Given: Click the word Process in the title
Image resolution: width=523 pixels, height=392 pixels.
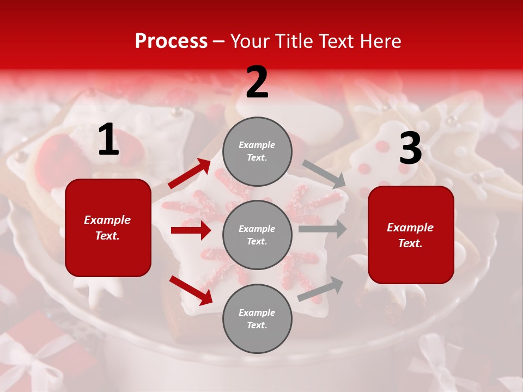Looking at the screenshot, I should pos(171,41).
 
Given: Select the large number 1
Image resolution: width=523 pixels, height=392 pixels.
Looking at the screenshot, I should pos(108,140).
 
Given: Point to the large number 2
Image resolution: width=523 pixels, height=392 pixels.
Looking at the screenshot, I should pos(257,82).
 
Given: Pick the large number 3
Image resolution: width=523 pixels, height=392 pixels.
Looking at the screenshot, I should pos(410,148).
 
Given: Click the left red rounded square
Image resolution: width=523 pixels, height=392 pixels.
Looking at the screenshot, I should pos(108,228).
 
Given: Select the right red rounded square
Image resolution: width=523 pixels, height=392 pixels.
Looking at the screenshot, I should pos(411,235).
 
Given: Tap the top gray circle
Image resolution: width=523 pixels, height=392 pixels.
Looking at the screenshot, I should pos(257,151).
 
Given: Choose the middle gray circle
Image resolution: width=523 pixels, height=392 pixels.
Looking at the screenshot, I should pos(257,235).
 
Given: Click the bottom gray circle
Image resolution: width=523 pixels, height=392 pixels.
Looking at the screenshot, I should pos(257,318).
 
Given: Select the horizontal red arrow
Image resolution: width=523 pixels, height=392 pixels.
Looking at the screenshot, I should pos(191,230).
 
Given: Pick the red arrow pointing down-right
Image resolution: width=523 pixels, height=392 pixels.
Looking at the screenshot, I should pos(191,290).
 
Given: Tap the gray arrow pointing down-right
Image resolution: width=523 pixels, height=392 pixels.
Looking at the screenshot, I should pos(324,174).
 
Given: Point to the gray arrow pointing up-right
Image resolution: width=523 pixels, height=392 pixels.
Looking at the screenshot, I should pos(320,289).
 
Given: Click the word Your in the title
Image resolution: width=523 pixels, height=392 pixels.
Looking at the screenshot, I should pos(250,41).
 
